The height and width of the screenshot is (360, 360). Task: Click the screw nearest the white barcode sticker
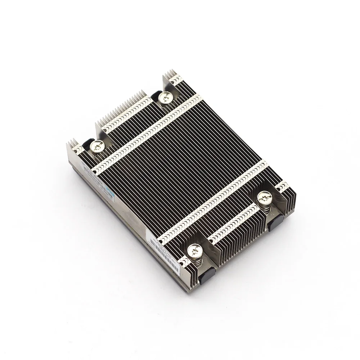tap(194, 249)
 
